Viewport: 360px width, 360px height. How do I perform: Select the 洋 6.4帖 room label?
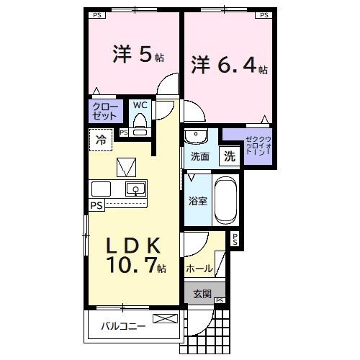[x=229, y=66]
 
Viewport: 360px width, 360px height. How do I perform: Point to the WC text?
[x=140, y=105]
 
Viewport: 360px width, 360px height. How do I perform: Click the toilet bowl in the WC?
[x=140, y=124]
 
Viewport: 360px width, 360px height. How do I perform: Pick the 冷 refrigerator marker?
[x=101, y=140]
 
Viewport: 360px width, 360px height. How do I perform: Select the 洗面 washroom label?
[x=200, y=156]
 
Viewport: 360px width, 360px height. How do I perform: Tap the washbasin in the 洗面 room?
[x=195, y=136]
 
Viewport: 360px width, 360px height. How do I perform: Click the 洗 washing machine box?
[x=228, y=156]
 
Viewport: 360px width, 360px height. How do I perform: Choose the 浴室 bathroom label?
[x=198, y=201]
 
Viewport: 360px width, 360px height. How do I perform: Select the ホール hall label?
[x=199, y=269]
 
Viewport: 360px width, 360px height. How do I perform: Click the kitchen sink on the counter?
[x=134, y=189]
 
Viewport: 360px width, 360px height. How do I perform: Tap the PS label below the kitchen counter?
[x=96, y=205]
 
